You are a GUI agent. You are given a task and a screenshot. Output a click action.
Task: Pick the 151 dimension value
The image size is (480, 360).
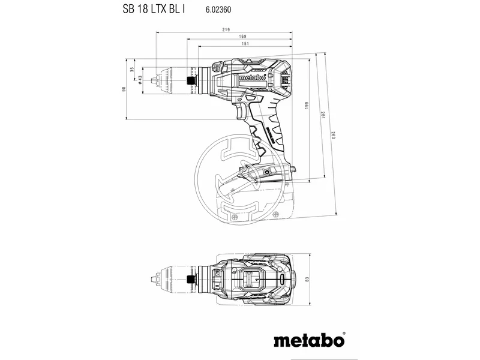pos(245,44)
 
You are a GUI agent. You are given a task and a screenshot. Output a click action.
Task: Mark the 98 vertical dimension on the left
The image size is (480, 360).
pos(124,89)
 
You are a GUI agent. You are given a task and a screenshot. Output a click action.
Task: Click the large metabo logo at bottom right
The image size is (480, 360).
pos(310,340)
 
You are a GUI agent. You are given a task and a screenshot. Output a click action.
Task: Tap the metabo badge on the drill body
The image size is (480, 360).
pos(253,77)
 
